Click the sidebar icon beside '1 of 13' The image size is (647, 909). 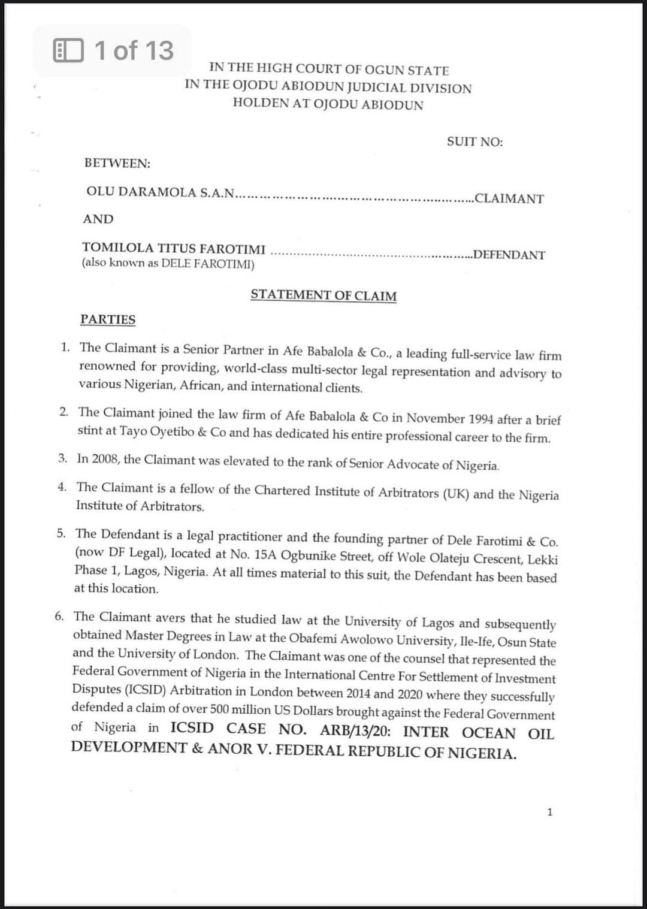68,50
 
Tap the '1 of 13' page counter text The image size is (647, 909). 134,50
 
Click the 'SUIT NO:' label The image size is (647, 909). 474,142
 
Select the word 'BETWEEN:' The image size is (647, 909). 117,163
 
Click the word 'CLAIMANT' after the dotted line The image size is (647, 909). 509,198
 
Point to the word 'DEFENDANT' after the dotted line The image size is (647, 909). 509,255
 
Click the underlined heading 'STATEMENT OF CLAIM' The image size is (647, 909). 323,295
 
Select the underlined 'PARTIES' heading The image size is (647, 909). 108,319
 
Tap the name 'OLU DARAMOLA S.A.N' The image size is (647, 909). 160,192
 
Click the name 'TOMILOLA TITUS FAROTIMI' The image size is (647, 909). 174,248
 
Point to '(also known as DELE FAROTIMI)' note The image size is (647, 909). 168,264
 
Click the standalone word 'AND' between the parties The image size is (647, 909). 98,219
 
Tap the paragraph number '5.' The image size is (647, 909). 62,533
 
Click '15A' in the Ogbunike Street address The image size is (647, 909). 265,554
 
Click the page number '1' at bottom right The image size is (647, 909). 550,813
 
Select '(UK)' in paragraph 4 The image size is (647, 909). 456,494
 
